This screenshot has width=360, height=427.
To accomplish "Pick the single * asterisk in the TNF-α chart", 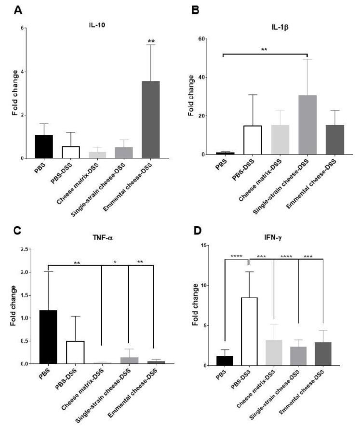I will point(115,263).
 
